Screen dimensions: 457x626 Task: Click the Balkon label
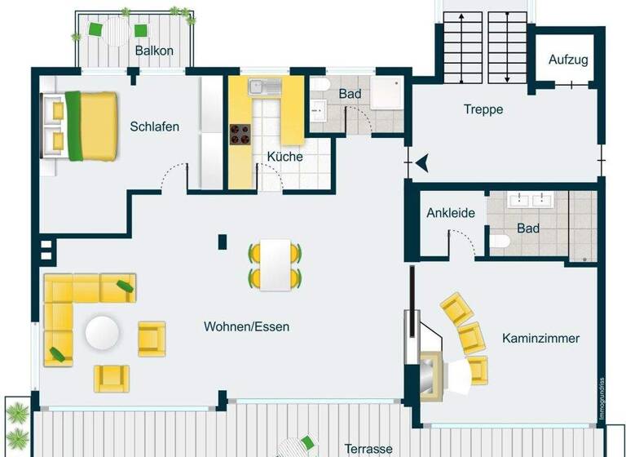154,51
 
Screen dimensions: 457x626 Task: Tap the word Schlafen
154,126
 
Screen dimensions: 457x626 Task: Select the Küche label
284,157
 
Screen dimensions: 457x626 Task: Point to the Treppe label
483,109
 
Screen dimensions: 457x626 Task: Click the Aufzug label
567,60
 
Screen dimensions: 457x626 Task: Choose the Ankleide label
451,213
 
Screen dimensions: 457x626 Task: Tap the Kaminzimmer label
540,338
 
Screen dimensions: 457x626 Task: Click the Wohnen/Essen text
246,326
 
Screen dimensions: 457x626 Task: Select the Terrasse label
368,448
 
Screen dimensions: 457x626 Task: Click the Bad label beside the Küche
350,94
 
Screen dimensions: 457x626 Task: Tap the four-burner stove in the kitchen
241,134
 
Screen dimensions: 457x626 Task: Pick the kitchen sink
262,86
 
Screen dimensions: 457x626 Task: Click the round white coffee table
104,332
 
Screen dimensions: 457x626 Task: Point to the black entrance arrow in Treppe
421,164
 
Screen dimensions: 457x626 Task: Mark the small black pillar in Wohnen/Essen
222,242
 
